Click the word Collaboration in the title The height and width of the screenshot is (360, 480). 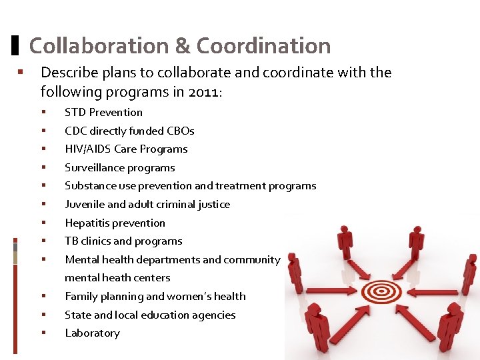tap(99, 46)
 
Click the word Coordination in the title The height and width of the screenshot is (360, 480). tap(263, 46)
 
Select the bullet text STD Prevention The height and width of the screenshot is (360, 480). tap(103, 112)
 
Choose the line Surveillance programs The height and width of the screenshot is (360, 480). tap(119, 167)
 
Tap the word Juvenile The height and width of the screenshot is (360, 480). tap(85, 205)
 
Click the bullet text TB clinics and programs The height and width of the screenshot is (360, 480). tap(123, 241)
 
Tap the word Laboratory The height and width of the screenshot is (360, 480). tap(92, 333)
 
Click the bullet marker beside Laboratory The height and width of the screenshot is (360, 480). tap(43, 333)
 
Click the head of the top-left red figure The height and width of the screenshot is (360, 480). tap(345, 230)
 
